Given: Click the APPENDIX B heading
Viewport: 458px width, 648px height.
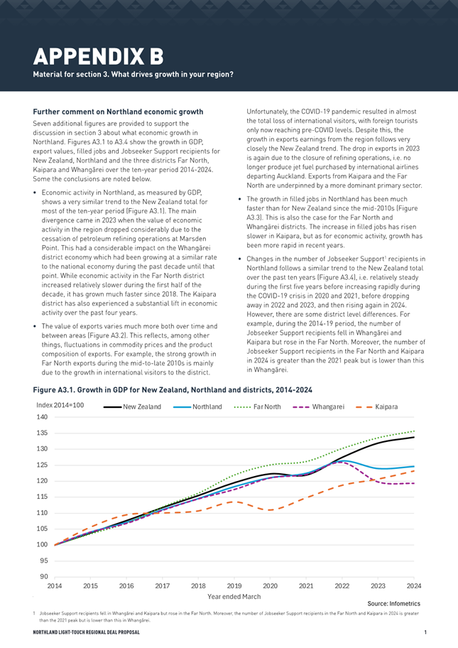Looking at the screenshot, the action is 98,56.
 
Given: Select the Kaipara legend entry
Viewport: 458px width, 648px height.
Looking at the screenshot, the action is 376,406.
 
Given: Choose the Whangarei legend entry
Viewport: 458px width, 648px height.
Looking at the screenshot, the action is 318,406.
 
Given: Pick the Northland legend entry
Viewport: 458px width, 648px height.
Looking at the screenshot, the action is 197,406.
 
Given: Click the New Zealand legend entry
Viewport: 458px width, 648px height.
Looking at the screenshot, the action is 132,406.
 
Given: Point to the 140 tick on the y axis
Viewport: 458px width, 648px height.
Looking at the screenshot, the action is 42,417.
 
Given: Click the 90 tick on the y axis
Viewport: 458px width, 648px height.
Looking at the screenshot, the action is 44,576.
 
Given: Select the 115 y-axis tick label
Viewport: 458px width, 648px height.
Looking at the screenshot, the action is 42,497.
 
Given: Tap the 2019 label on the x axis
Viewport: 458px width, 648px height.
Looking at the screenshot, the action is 234,585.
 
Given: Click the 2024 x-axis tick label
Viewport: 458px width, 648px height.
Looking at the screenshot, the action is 414,585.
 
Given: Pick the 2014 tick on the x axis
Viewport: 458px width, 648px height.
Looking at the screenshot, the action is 55,585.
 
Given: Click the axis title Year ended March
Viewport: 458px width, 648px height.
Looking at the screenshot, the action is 234,596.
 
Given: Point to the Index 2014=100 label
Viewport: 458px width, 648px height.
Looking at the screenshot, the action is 60,405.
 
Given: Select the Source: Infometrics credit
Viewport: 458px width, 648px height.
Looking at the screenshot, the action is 393,603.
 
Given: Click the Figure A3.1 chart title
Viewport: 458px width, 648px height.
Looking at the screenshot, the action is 173,389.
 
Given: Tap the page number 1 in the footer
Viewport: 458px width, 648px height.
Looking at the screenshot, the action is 425,632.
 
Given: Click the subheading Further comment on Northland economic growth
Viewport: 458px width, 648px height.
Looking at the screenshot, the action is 118,112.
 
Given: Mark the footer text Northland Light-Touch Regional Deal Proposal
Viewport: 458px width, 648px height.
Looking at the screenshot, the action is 87,632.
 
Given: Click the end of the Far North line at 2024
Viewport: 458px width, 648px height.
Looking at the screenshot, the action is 414,431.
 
